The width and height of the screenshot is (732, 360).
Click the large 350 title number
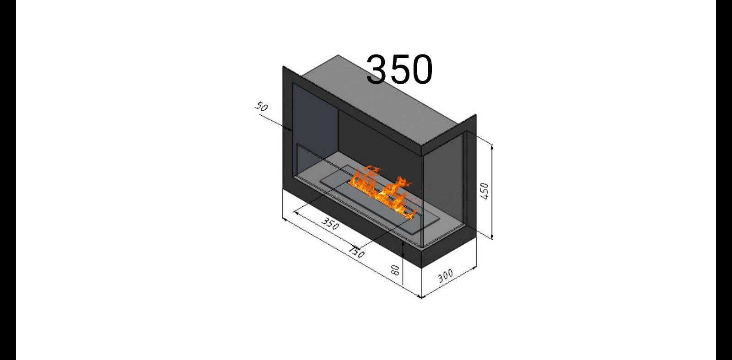399,70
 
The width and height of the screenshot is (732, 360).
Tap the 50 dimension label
261,107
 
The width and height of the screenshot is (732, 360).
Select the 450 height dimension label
484,191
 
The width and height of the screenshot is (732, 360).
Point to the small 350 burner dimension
330,224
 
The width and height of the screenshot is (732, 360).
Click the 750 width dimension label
356,252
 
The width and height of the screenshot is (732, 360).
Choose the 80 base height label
395,270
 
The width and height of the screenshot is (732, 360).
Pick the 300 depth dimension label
446,276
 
